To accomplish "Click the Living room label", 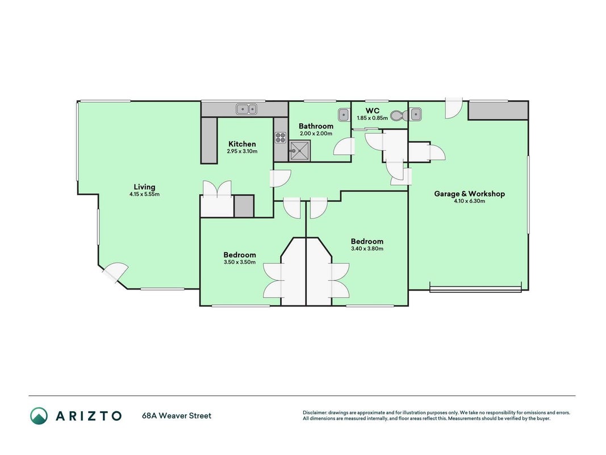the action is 145,187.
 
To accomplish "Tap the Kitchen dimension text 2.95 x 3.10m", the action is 243,151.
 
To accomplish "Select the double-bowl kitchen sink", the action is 246,110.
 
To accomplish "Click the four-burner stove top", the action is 281,137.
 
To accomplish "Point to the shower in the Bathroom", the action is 300,151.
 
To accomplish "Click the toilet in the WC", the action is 399,115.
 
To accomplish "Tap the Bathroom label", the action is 316,126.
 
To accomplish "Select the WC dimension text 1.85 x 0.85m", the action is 372,118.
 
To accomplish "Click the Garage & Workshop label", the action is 470,194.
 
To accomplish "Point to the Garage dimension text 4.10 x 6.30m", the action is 470,201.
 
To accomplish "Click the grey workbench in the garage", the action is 498,111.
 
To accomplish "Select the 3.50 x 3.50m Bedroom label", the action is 240,255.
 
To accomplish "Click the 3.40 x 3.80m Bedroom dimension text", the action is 367,249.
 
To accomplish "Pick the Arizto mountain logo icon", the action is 39,416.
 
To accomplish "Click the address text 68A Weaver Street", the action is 177,416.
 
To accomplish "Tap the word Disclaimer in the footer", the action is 315,413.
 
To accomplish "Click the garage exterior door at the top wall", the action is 454,107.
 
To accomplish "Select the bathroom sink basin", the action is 344,115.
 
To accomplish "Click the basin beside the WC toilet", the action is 416,115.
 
